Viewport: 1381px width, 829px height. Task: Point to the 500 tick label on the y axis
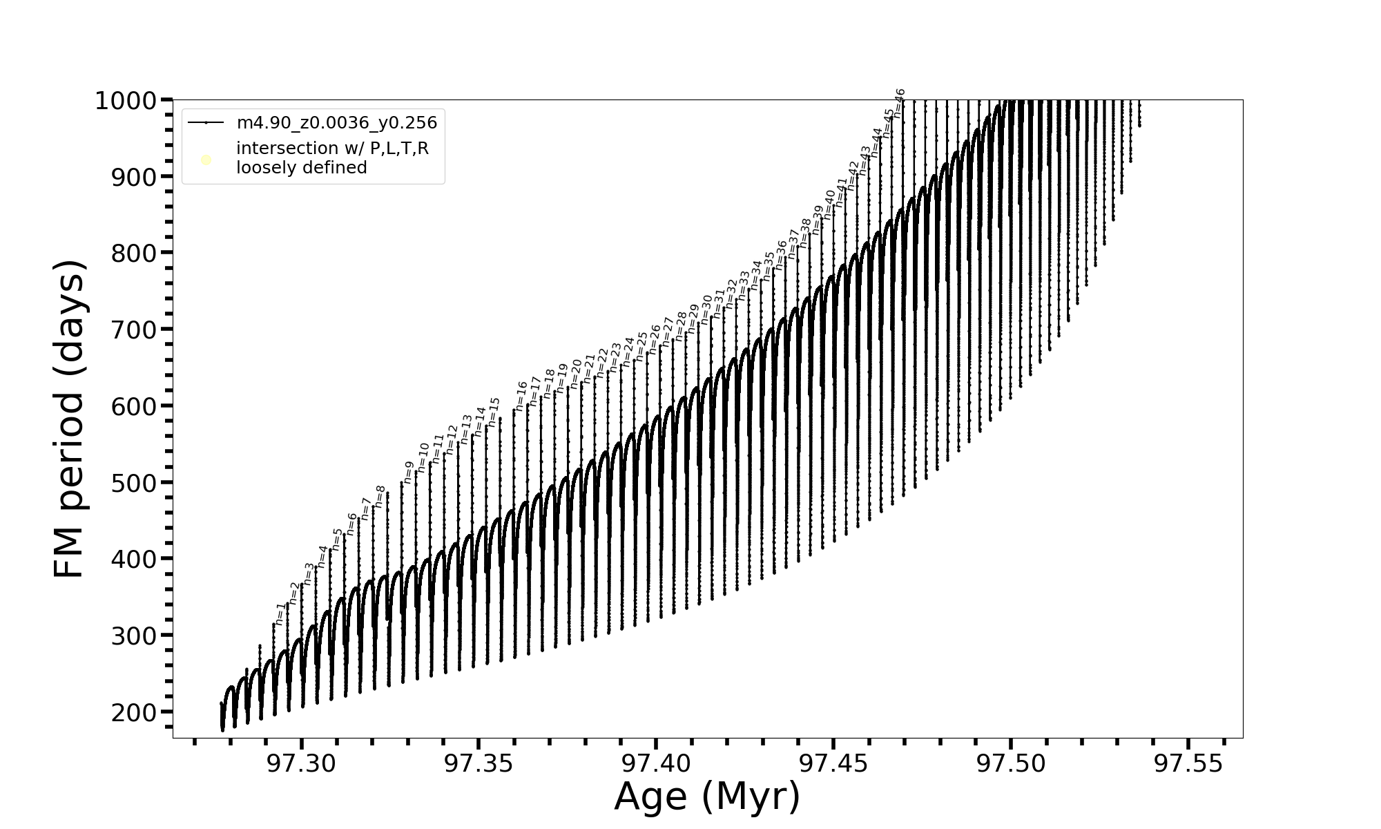133,483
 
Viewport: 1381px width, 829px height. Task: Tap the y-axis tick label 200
133,712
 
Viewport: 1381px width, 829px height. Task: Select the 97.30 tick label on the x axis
302,764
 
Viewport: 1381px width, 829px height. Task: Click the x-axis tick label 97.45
833,764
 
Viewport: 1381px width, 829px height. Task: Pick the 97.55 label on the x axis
1188,764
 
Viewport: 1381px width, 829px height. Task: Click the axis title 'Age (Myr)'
707,797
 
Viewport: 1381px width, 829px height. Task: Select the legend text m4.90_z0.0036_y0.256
337,123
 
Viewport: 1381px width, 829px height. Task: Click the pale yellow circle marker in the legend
206,160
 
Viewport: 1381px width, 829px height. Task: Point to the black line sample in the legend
206,123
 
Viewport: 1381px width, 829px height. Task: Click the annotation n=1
280,613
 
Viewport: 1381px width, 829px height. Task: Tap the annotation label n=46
899,104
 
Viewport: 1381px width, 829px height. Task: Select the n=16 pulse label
522,396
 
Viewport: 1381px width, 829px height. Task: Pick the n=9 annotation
408,472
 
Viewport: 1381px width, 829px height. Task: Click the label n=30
706,309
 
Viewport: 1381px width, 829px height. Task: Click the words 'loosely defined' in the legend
301,168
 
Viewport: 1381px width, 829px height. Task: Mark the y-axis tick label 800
133,254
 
